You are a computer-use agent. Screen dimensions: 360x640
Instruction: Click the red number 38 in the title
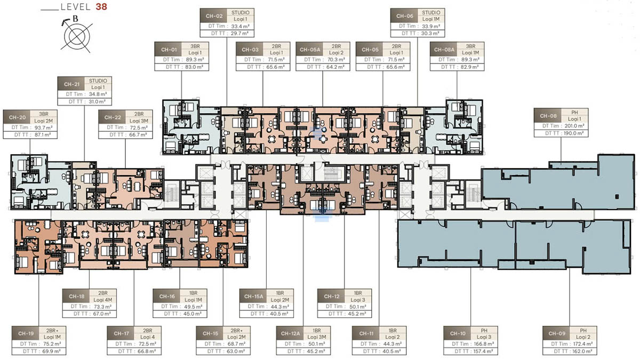coord(101,8)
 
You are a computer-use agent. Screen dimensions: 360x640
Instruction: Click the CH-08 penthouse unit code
coord(548,116)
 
